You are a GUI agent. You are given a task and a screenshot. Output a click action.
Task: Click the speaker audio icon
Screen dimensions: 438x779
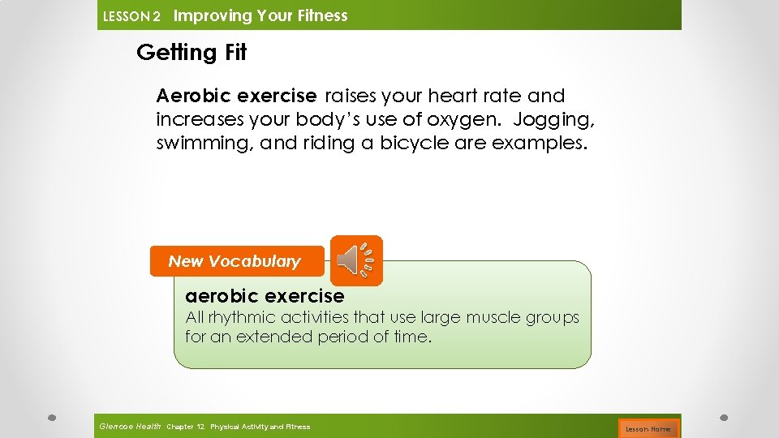click(355, 260)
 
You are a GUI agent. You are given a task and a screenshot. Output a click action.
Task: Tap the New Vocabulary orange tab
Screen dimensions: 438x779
click(236, 261)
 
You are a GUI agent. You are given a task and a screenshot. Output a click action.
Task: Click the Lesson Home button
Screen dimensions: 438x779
click(648, 428)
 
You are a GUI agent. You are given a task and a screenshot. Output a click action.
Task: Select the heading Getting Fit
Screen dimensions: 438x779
click(192, 53)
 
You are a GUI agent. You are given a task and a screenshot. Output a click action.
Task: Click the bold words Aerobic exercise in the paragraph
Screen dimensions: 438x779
click(236, 96)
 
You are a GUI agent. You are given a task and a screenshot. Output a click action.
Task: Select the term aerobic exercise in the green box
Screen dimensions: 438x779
click(265, 296)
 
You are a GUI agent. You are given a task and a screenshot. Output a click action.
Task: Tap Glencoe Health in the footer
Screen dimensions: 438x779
click(130, 427)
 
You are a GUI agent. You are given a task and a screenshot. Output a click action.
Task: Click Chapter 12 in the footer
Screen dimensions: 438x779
click(185, 427)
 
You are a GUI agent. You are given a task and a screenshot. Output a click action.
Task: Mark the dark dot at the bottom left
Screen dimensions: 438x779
click(52, 417)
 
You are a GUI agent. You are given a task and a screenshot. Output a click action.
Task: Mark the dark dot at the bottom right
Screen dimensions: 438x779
click(724, 417)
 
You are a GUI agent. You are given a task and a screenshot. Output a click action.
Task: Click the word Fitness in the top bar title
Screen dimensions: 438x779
click(320, 15)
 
